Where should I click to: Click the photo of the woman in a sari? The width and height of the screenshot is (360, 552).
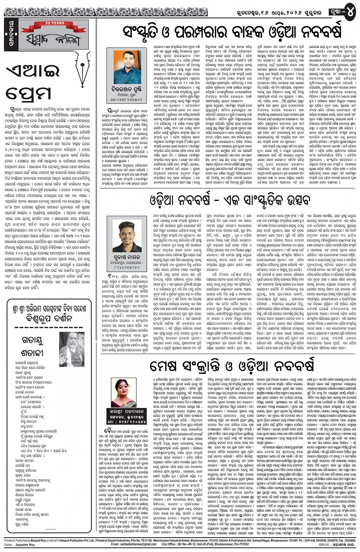point(123,392)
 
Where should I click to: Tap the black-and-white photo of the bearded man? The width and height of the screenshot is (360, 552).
point(72,349)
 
